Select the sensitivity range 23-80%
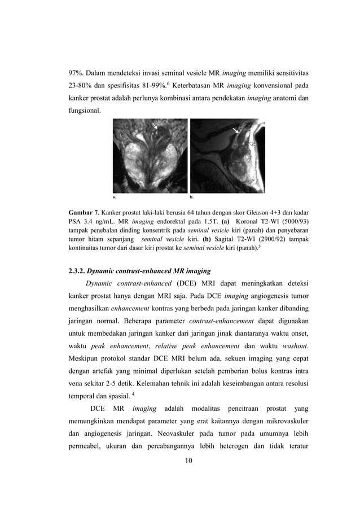point(80,88)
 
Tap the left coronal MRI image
point(150,155)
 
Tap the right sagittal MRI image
point(227,155)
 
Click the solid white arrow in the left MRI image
point(155,125)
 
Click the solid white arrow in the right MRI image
point(236,131)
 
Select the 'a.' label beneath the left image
point(115,198)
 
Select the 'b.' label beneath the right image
point(192,198)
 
